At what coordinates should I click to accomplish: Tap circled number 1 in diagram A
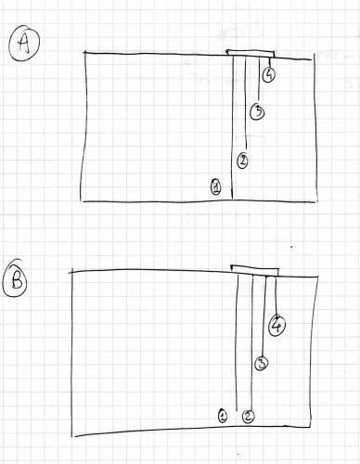coord(216,187)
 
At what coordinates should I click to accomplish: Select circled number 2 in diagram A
coord(242,161)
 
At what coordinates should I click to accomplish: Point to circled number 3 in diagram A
coord(258,112)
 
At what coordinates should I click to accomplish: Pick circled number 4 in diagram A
coord(268,74)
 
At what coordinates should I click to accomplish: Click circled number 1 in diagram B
coord(223,416)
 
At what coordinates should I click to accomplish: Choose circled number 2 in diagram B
coord(248,417)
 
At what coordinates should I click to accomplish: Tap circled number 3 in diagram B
coord(262,364)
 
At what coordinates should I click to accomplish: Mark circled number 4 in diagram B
coord(276,325)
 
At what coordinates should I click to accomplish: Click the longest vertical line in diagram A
coord(230,130)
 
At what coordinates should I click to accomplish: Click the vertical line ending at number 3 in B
coord(264,316)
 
